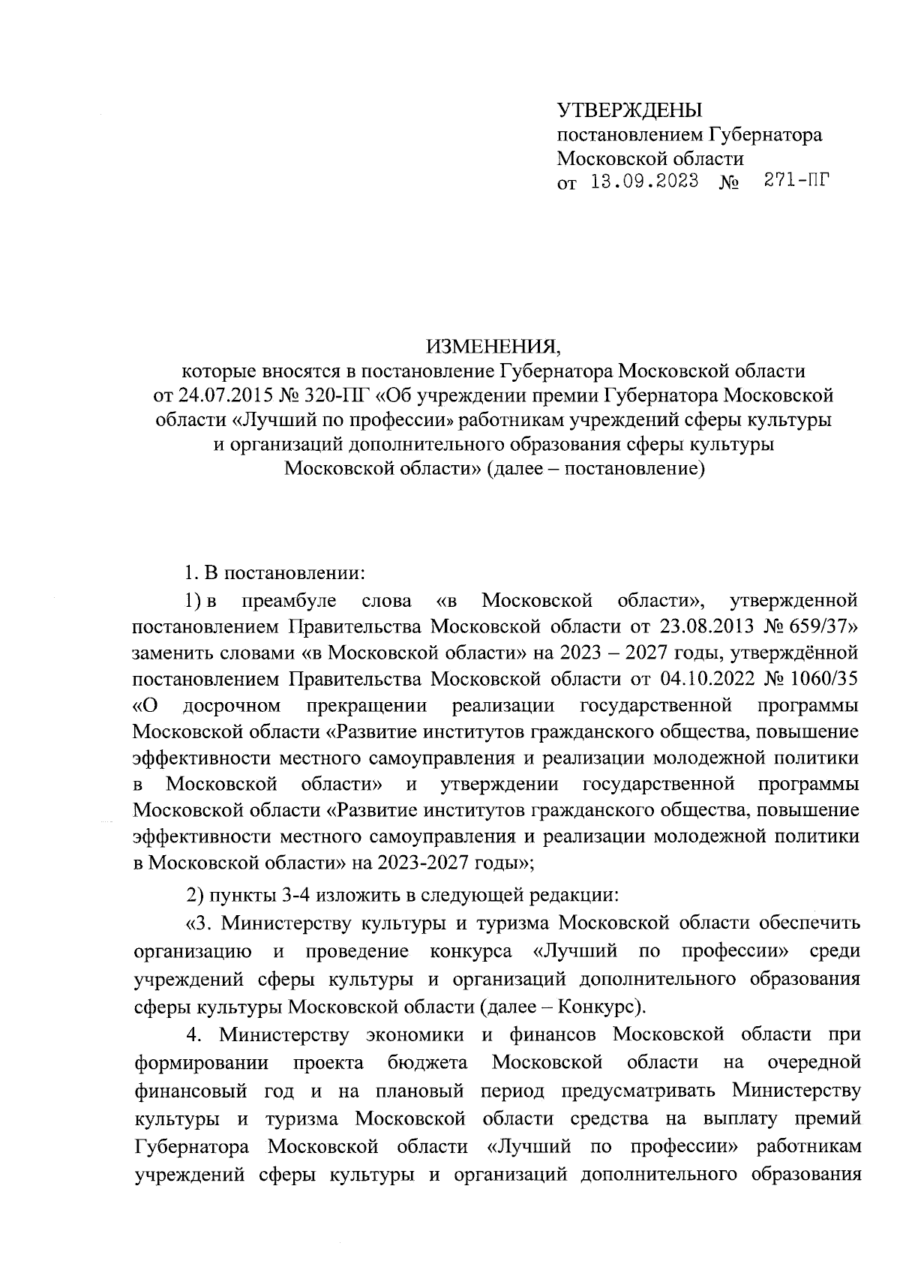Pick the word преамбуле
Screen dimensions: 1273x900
[289, 601]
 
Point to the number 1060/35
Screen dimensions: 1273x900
[820, 679]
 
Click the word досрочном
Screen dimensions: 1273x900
[232, 706]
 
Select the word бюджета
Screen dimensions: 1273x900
[427, 1062]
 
